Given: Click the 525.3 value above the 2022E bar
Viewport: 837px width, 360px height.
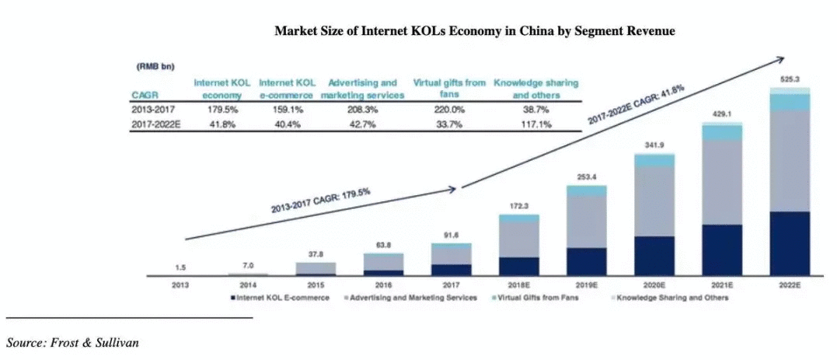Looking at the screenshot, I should [789, 79].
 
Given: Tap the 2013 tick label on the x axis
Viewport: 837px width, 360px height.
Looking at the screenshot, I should [180, 285].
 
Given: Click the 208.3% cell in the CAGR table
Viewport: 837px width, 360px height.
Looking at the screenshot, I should [363, 110].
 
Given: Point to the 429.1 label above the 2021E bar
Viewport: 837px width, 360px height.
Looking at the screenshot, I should [721, 114].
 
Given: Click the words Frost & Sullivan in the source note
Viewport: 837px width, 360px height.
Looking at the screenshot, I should [95, 342].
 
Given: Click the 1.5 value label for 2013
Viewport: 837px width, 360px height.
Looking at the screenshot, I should [180, 267].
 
